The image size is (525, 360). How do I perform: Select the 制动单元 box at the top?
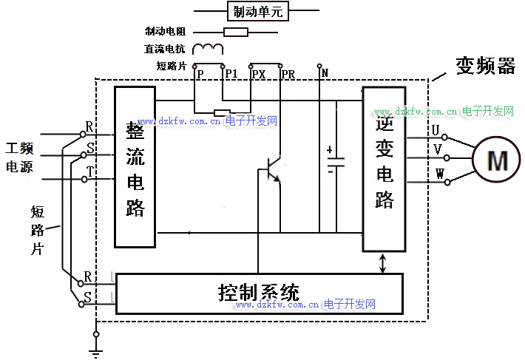point(257,11)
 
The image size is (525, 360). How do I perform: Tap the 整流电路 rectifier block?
point(135,168)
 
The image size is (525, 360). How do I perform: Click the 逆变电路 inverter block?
point(385,169)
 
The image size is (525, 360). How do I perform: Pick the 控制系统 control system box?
point(259,293)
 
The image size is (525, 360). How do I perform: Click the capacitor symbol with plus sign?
point(336,162)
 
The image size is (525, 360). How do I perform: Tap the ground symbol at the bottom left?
point(96,342)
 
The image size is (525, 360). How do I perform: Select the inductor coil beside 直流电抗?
point(208,50)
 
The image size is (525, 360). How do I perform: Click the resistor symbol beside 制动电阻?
point(236,32)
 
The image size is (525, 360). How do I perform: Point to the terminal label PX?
point(259,74)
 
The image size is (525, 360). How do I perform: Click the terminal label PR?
point(288,74)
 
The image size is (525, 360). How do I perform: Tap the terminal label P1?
point(231,74)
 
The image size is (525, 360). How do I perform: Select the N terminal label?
point(325,72)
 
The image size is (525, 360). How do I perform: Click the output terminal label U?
point(436,130)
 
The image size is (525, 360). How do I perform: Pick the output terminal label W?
point(439,175)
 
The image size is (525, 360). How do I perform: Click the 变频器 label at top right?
point(485,67)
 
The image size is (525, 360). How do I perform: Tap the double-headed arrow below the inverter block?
point(383,263)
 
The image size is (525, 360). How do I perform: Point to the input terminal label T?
point(90,171)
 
